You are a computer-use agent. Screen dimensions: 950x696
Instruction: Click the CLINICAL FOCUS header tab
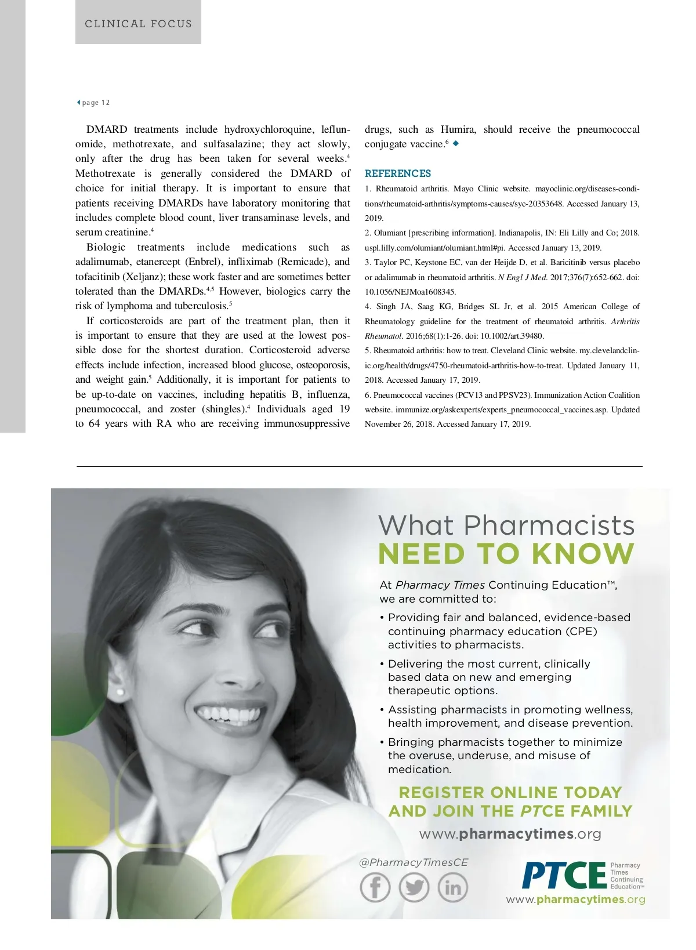pyautogui.click(x=138, y=24)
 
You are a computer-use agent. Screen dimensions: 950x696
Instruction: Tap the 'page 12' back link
pyautogui.click(x=94, y=103)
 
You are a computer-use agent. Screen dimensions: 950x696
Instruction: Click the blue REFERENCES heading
pyautogui.click(x=398, y=173)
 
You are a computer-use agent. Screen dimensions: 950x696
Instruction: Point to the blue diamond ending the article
pyautogui.click(x=456, y=143)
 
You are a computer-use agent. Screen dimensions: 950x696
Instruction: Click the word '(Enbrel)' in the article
pyautogui.click(x=203, y=262)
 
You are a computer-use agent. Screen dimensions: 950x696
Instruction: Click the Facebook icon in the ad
pyautogui.click(x=375, y=887)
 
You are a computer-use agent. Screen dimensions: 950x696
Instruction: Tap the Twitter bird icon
pyautogui.click(x=414, y=887)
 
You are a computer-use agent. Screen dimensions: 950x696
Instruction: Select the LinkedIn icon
pyautogui.click(x=452, y=887)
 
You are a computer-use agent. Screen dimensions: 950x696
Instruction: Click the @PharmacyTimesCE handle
pyautogui.click(x=414, y=862)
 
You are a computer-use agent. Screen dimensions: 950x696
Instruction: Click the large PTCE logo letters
pyautogui.click(x=564, y=875)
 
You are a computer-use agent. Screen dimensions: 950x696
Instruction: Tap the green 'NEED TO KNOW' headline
pyautogui.click(x=506, y=554)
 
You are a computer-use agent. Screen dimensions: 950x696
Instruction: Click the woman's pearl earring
pyautogui.click(x=121, y=692)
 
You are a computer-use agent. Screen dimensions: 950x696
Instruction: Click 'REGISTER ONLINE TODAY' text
pyautogui.click(x=510, y=792)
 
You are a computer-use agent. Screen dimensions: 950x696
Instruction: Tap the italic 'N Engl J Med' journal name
pyautogui.click(x=522, y=277)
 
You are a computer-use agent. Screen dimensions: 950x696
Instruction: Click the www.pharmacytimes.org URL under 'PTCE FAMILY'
pyautogui.click(x=510, y=834)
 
